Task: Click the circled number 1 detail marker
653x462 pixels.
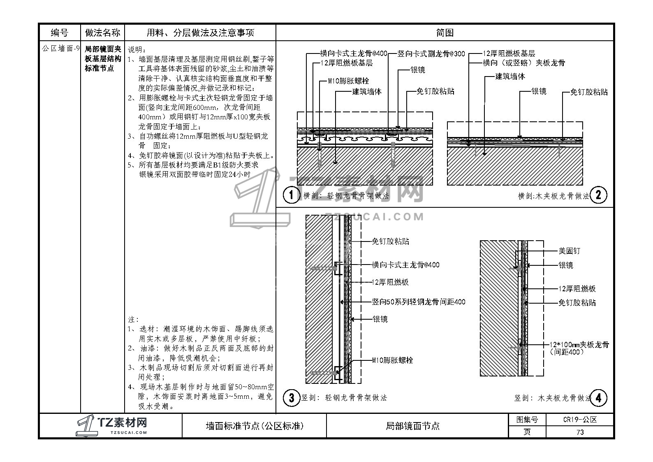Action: [x=292, y=195]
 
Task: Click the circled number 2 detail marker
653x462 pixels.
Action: [x=598, y=195]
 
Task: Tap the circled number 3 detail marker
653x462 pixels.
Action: [x=292, y=398]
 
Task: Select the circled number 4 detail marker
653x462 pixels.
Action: [x=598, y=398]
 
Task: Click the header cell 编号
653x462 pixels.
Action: [x=60, y=33]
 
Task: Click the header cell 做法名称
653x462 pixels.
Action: [x=102, y=33]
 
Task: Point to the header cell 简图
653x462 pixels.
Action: [x=445, y=33]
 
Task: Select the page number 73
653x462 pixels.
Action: [x=580, y=432]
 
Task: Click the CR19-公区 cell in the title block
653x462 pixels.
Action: [x=580, y=420]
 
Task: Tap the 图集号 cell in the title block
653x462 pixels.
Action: [x=527, y=420]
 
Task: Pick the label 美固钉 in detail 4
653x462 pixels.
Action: [x=569, y=251]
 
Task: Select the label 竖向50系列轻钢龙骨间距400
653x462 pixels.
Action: [x=419, y=302]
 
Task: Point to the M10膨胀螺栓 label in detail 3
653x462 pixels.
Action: [x=392, y=360]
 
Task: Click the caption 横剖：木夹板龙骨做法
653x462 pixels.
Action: [x=553, y=196]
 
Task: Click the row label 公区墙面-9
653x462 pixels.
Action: [x=60, y=49]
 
